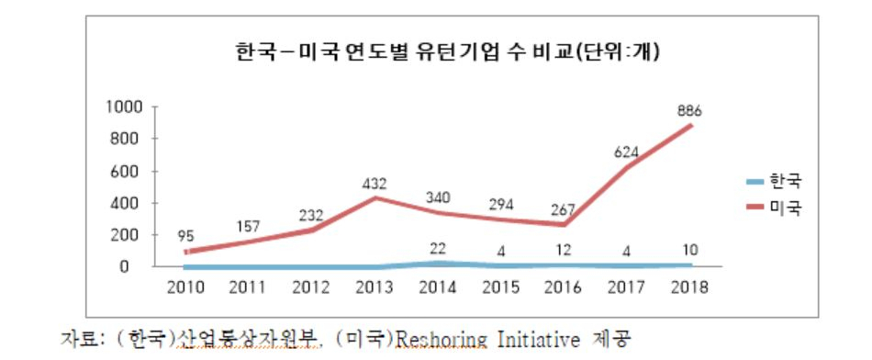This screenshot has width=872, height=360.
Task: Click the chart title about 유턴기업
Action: click(447, 53)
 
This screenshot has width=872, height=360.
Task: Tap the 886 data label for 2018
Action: click(689, 111)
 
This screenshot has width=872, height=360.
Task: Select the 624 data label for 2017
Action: click(627, 152)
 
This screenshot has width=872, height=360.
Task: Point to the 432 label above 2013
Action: click(374, 183)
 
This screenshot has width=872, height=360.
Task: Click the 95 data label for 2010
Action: click(185, 236)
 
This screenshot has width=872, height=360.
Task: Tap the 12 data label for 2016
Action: click(564, 250)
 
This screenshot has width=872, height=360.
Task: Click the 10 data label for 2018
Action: click(689, 250)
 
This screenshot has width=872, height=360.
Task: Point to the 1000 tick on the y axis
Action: click(125, 107)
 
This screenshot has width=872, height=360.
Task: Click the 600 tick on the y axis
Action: click(130, 172)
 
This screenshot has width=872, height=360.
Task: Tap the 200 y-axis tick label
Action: click(130, 235)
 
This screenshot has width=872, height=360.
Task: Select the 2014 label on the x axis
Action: click(438, 287)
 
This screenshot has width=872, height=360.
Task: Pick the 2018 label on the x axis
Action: click(689, 287)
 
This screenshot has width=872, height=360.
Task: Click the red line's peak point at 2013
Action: click(375, 197)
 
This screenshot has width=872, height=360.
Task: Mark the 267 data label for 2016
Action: click(564, 210)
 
